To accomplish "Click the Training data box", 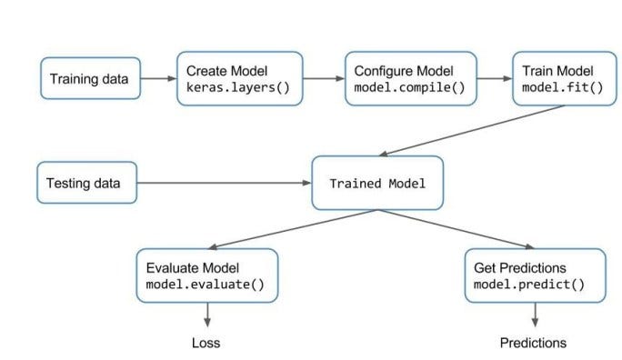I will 89,79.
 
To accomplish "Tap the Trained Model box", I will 376,184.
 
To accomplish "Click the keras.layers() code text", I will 231,88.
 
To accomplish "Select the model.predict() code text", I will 534,285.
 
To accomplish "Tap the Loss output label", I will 206,343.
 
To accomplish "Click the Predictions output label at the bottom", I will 533,343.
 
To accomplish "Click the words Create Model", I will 222,71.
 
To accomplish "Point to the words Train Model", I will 557,71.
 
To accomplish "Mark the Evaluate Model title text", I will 193,268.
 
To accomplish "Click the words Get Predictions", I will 520,268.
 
